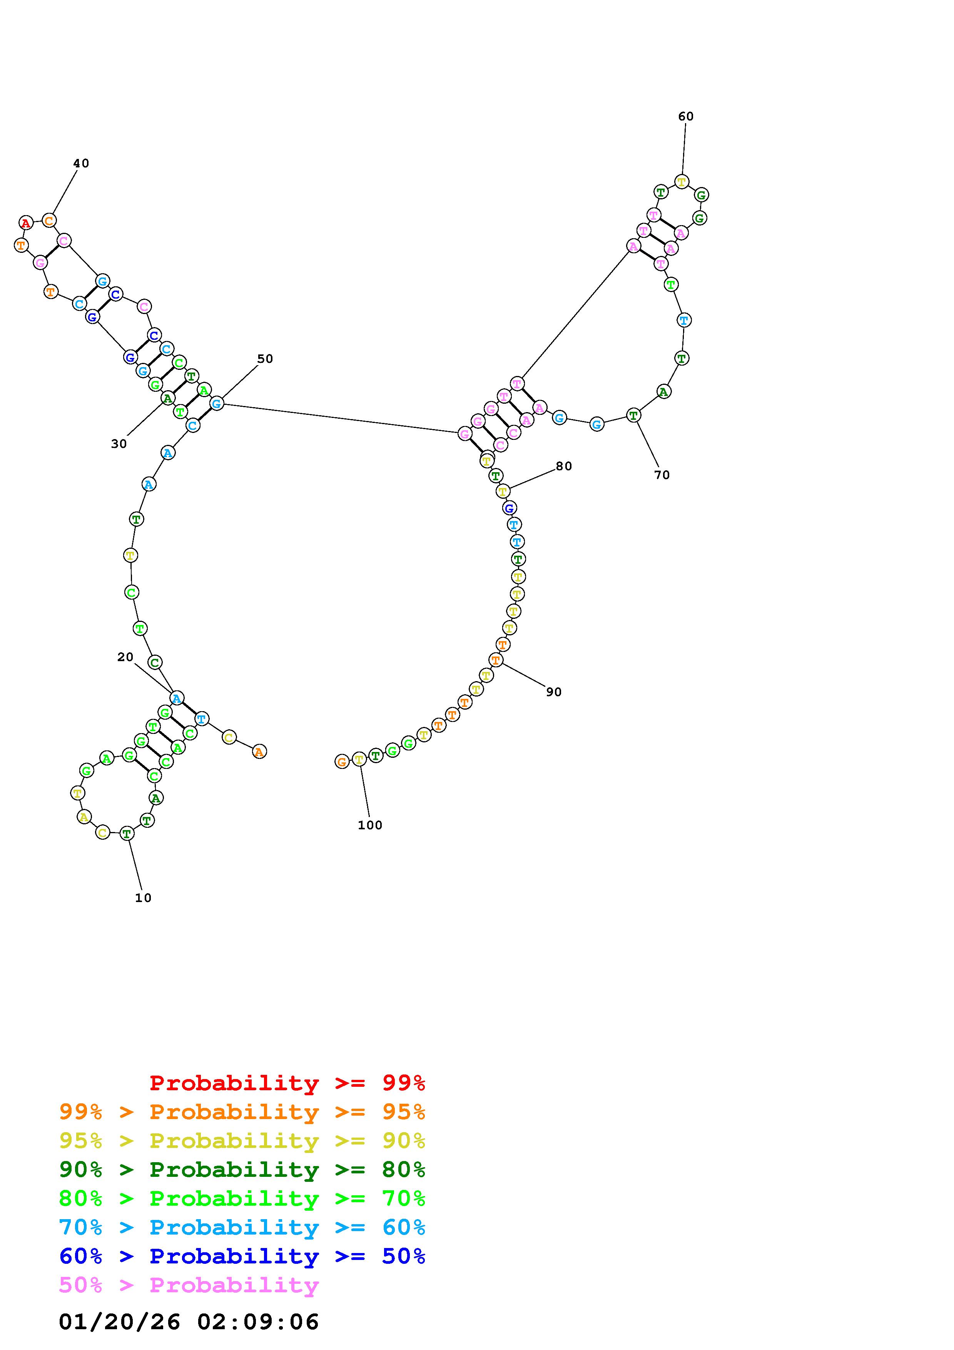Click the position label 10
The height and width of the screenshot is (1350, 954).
144,898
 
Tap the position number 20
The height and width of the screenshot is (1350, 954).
125,657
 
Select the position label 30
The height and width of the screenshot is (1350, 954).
119,444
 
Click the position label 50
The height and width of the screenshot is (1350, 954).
265,359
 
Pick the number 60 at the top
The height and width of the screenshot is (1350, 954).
686,117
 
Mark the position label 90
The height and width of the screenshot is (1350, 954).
554,692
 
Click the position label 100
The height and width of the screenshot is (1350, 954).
370,825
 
